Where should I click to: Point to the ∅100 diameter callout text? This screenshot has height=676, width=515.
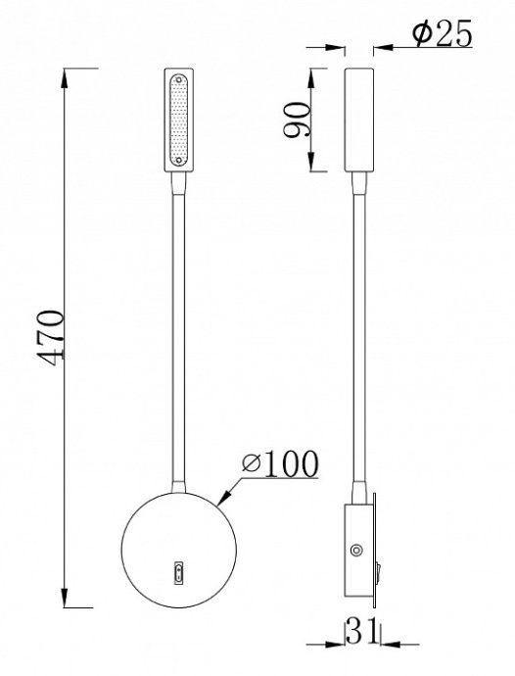pyautogui.click(x=280, y=463)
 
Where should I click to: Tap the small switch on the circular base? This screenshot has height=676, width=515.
pyautogui.click(x=178, y=572)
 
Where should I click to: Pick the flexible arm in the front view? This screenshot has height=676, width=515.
pyautogui.click(x=178, y=333)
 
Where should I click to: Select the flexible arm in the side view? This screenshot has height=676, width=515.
pyautogui.click(x=359, y=333)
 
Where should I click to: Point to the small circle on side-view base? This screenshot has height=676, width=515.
pyautogui.click(x=357, y=551)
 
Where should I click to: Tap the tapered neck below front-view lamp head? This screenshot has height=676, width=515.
pyautogui.click(x=178, y=181)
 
